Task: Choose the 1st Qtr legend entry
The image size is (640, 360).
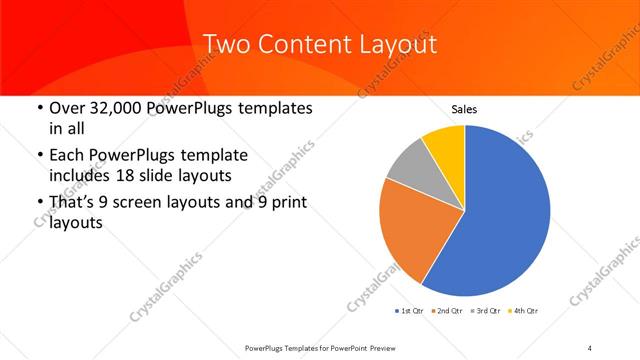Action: [x=412, y=311]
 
